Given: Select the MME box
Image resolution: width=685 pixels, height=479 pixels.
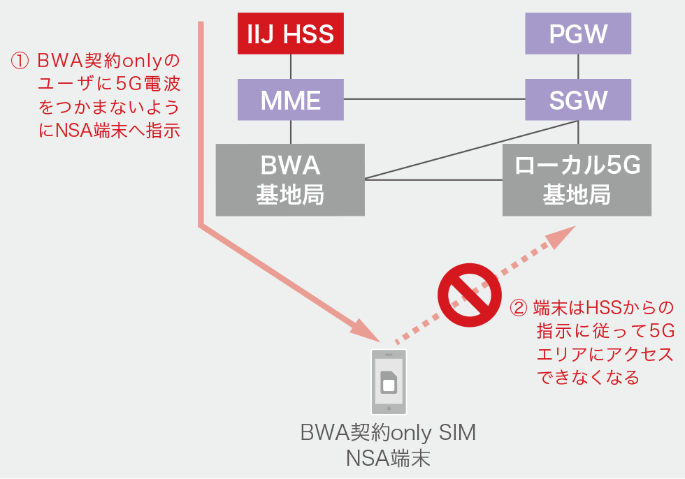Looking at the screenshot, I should coord(291,99).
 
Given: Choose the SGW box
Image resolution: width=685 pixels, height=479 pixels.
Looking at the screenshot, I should coord(578,99).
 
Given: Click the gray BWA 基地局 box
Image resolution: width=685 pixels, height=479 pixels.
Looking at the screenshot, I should coord(290,179).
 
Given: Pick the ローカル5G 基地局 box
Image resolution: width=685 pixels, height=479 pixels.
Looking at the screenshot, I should coord(577,179).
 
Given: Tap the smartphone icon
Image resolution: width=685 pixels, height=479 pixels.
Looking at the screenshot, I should coord(389,381).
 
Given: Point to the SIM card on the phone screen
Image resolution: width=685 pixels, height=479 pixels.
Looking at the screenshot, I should coord(389,382).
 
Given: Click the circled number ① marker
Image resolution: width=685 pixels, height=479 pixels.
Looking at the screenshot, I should coord(19,61).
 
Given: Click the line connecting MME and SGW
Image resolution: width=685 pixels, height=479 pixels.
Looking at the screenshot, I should coord(433,99).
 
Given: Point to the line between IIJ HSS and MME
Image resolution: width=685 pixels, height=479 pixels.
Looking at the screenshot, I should coord(291,66).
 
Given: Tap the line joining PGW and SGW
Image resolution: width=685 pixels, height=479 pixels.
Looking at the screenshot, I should coord(578,66).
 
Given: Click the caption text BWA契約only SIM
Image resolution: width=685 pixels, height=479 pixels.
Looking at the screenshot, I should coord(388,434).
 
